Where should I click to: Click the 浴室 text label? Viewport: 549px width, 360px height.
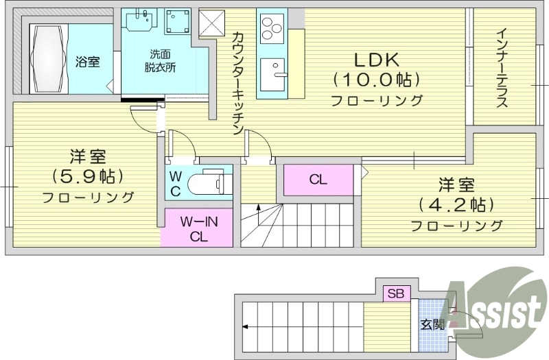coord(87,62)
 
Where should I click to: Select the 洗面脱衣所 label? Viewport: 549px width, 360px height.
coord(160,61)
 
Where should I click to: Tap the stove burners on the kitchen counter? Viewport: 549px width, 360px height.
coord(271,29)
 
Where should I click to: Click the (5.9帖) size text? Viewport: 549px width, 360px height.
coord(86,176)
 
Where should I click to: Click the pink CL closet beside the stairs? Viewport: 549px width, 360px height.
coord(318,180)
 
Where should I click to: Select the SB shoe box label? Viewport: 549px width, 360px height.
coord(396,294)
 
